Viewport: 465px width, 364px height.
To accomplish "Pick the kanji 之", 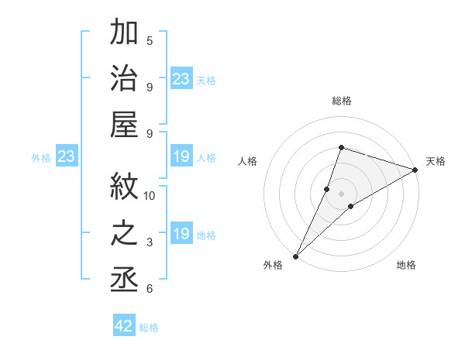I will [125, 233].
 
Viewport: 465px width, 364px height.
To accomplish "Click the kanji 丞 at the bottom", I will [125, 280].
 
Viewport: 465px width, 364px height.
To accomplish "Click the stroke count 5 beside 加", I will [150, 40].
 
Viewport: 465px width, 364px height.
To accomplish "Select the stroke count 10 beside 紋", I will [150, 195].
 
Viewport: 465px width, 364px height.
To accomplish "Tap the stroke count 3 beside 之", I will [150, 242].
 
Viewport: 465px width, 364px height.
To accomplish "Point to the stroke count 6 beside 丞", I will [150, 289].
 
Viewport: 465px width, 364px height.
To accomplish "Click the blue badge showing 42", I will [124, 326].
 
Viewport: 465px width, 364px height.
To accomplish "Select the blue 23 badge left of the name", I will [66, 156].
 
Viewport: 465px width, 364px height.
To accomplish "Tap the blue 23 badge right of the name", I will [181, 79].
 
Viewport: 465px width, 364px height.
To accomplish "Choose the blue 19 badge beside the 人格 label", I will [181, 157].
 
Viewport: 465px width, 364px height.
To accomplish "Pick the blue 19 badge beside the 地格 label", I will [181, 234].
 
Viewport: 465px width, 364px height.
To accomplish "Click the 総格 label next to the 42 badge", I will [149, 328].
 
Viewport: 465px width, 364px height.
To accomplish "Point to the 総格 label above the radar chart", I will [341, 101].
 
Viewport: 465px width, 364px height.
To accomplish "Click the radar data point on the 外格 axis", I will [295, 256].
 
